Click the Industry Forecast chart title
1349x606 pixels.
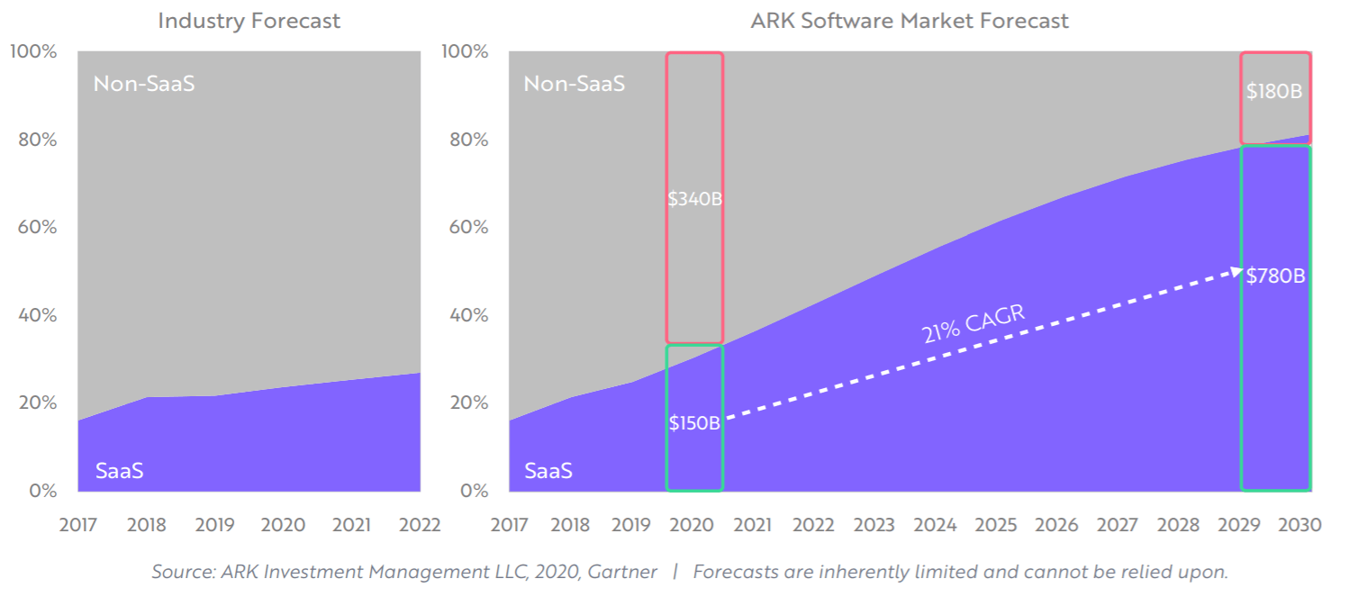click(x=249, y=21)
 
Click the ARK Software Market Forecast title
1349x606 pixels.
click(x=910, y=21)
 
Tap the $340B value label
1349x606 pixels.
click(x=694, y=199)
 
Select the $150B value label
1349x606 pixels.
click(x=694, y=422)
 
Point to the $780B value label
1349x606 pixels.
click(x=1275, y=276)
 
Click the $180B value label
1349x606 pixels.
click(x=1274, y=91)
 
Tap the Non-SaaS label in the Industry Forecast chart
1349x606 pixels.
click(x=144, y=85)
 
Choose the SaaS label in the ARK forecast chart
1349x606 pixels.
click(x=548, y=470)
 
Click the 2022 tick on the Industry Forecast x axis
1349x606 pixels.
click(x=420, y=525)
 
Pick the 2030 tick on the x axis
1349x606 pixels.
click(x=1300, y=525)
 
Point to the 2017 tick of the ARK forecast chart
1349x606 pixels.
click(x=510, y=525)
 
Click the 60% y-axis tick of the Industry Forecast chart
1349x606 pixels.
click(x=37, y=227)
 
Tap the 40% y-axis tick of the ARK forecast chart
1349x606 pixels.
click(x=468, y=315)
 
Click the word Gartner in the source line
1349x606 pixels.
click(x=625, y=572)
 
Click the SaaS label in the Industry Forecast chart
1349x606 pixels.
click(x=119, y=470)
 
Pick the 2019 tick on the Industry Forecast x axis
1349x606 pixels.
click(x=214, y=525)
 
